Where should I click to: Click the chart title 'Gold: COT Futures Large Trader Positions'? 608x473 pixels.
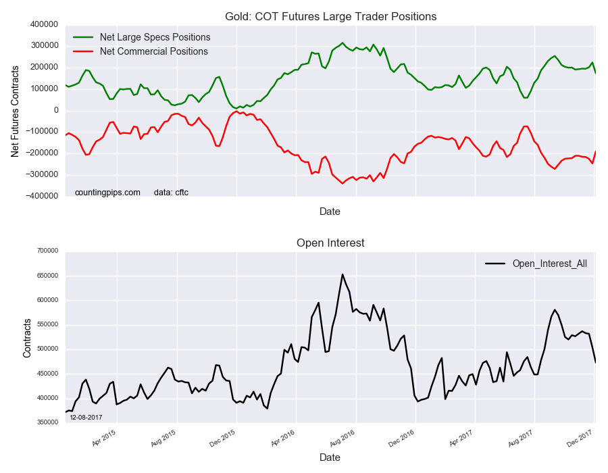click(x=330, y=16)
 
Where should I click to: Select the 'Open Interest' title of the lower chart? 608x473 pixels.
click(x=330, y=243)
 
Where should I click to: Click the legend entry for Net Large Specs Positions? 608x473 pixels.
click(x=155, y=37)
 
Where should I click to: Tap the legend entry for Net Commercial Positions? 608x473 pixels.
click(x=153, y=51)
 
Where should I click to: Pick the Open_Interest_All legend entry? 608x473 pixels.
click(x=549, y=264)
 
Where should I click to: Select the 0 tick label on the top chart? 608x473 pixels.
click(x=56, y=110)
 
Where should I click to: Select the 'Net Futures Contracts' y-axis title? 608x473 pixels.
click(x=15, y=110)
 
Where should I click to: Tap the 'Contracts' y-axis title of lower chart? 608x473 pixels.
click(x=27, y=337)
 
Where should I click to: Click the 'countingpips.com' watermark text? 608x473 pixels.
click(x=107, y=193)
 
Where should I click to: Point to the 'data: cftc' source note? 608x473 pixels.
click(x=171, y=193)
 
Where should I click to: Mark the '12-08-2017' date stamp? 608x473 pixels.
click(x=86, y=417)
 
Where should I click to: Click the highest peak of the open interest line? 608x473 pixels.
click(x=343, y=274)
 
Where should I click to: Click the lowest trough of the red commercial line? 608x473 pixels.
click(x=343, y=183)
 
